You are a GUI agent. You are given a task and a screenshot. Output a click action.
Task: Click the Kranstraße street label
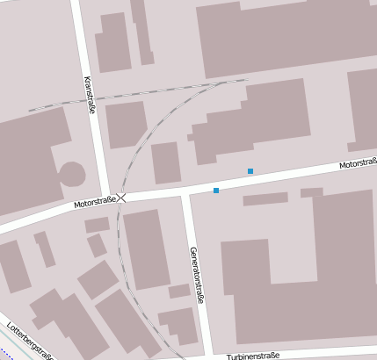click(x=89, y=95)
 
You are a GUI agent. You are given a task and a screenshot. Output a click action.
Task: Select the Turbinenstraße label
click(x=252, y=355)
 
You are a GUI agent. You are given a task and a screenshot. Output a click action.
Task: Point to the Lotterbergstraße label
click(x=32, y=342)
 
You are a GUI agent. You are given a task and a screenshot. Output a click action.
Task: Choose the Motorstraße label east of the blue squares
click(x=357, y=163)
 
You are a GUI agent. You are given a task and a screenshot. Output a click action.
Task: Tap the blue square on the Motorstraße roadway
click(x=216, y=190)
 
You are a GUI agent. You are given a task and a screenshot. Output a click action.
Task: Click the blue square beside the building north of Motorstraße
click(x=250, y=170)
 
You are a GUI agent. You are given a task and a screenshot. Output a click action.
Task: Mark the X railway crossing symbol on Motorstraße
click(x=122, y=198)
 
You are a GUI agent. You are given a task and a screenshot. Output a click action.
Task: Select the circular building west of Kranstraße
click(x=71, y=174)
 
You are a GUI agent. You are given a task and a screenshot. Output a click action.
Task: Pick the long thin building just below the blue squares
click(x=265, y=198)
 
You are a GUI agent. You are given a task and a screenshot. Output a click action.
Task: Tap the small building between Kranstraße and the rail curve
click(x=125, y=124)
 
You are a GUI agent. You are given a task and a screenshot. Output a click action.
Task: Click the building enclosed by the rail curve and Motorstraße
click(x=165, y=163)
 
